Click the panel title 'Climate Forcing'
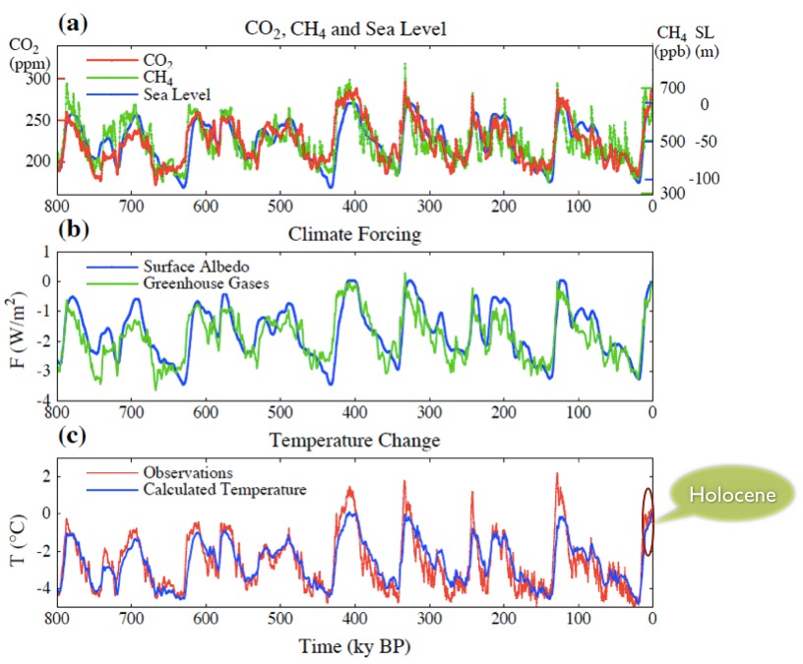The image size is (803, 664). [x=354, y=234]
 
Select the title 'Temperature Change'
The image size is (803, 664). [x=354, y=440]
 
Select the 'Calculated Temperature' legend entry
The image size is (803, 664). [x=225, y=489]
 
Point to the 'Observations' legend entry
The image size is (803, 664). [x=187, y=472]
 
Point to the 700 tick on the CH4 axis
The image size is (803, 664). [x=672, y=89]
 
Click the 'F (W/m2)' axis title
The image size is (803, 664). [x=20, y=326]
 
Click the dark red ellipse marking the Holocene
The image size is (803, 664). [x=648, y=521]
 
